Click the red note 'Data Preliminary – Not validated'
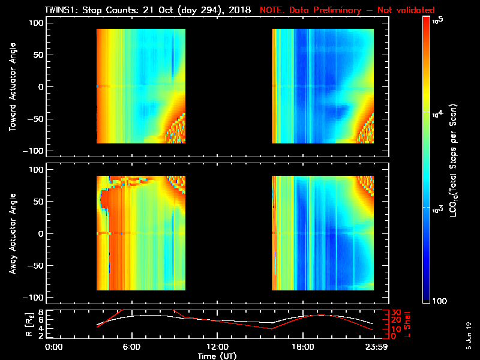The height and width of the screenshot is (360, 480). click(x=347, y=10)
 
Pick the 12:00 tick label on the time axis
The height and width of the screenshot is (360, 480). click(x=217, y=347)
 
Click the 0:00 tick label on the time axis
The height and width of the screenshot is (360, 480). click(x=55, y=347)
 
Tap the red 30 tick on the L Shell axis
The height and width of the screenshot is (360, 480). click(x=391, y=313)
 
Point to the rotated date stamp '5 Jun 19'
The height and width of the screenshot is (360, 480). click(x=469, y=336)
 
